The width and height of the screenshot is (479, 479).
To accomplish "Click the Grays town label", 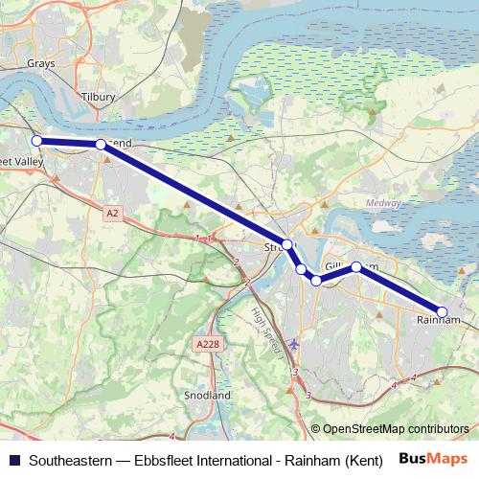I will click(x=42, y=64).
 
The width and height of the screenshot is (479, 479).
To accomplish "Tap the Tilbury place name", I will click(x=99, y=98).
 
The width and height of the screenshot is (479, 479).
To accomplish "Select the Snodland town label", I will click(x=207, y=395).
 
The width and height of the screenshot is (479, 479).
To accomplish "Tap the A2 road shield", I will click(x=113, y=213).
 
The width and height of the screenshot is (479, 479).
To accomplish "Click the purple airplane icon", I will click(x=293, y=344).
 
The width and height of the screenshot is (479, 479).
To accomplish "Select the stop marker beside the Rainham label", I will click(x=443, y=311).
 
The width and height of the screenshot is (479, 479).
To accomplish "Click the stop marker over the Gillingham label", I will click(x=356, y=266).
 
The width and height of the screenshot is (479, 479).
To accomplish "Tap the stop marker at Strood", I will click(x=286, y=244).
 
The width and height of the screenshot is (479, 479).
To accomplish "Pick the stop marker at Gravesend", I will click(x=101, y=145).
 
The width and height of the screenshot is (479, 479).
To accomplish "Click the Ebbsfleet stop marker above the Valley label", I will click(x=37, y=141).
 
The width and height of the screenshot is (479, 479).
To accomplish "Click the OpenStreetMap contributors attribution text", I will click(x=395, y=428).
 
